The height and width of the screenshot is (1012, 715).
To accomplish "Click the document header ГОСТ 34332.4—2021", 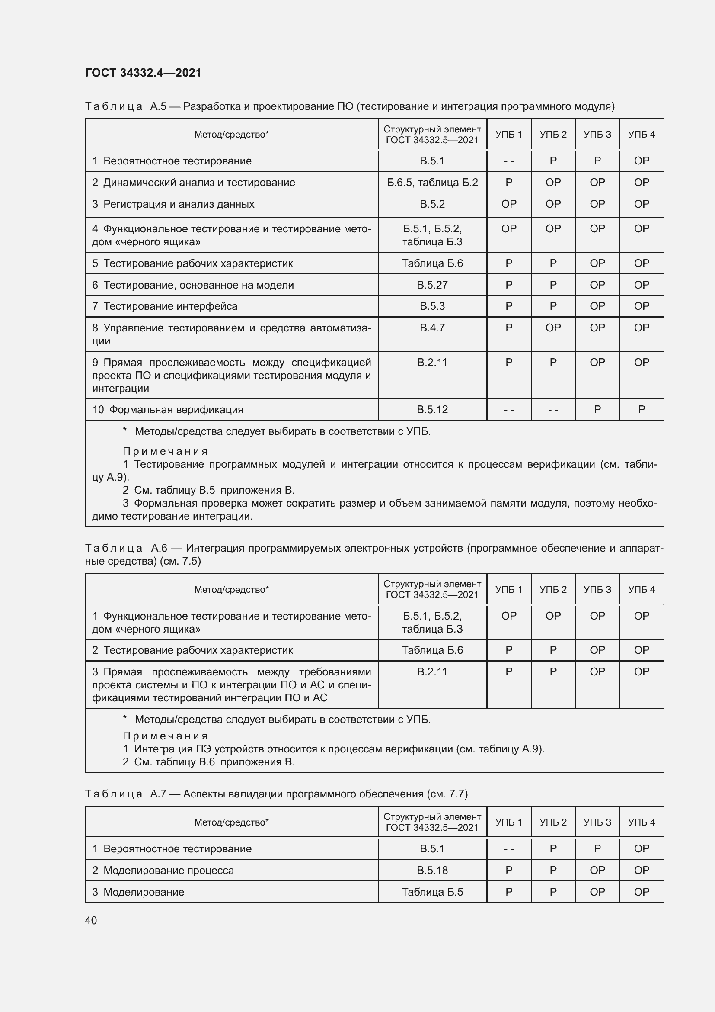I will coord(143,73).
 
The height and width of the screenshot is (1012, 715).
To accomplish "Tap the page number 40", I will coord(91,920).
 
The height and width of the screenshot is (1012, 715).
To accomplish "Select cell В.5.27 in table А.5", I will coord(432,285).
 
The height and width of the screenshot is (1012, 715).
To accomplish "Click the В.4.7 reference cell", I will coord(432,328).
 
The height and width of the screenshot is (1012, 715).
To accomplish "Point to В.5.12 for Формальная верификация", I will coord(432,409).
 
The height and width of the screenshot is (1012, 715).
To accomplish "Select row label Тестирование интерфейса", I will coord(170,306).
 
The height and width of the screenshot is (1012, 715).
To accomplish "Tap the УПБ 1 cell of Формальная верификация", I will coord(508,409).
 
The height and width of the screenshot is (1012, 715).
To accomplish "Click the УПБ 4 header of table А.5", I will coord(641,135).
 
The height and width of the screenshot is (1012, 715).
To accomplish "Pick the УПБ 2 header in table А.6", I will coord(553,589).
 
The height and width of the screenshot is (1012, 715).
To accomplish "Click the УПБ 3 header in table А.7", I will coord(597,822).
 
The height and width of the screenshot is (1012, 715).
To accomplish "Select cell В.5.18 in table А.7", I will coord(432,870).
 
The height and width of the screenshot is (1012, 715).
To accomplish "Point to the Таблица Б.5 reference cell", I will coord(432,892).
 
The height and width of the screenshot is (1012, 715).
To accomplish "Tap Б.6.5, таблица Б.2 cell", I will coord(432,183).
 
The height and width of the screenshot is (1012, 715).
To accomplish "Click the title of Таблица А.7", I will coord(276,794).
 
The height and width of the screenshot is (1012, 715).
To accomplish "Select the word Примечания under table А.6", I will coord(165,736).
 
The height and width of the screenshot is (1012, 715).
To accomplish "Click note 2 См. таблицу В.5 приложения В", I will coord(209,490).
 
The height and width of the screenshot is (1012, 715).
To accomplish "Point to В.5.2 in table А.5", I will coord(432,204).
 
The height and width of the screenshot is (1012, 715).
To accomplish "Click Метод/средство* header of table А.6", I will coord(231,589).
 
